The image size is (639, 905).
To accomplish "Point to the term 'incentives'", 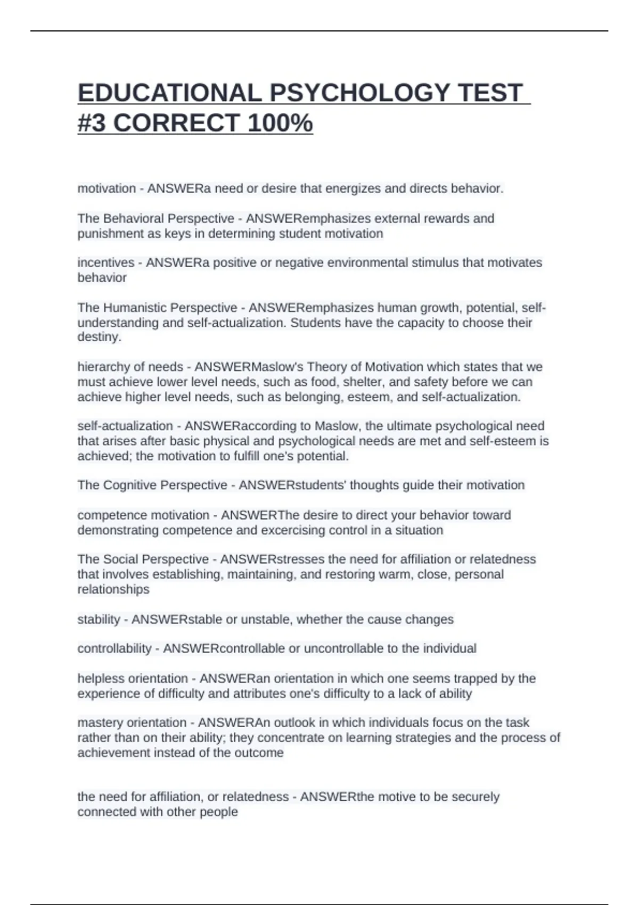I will [106, 262].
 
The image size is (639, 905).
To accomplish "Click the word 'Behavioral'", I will [134, 218].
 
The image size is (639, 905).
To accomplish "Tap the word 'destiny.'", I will [100, 337].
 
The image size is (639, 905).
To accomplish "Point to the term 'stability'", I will [99, 619].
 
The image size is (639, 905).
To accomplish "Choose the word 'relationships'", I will [113, 589].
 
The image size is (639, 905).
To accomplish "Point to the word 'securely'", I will [475, 797].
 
